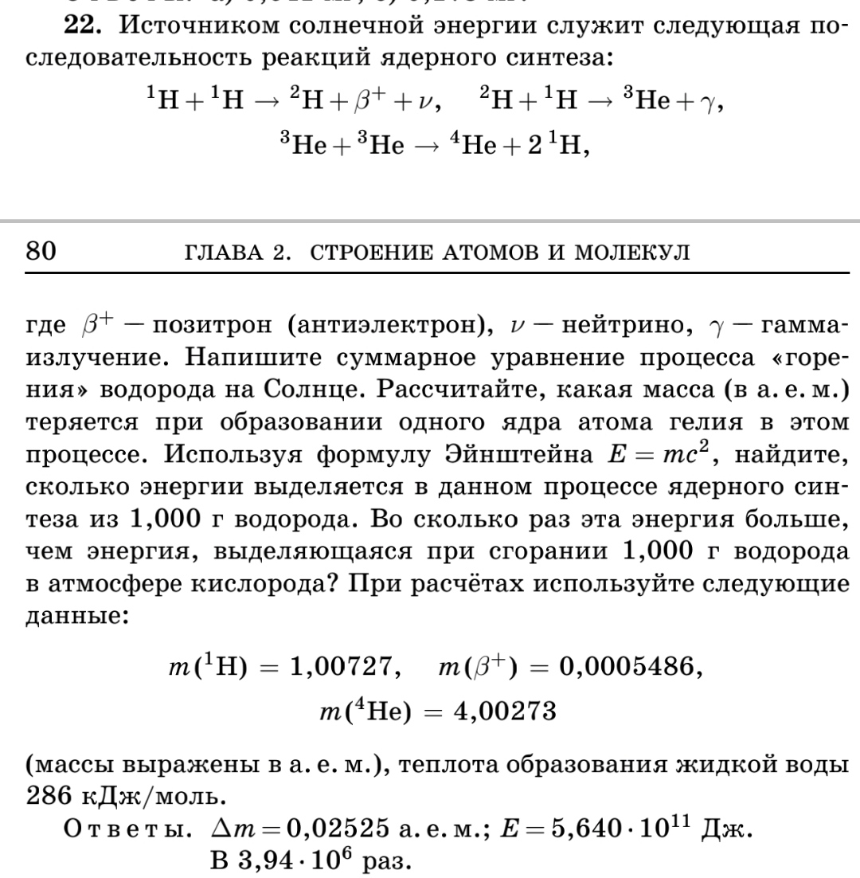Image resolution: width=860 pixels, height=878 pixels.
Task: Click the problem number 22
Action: click(x=81, y=25)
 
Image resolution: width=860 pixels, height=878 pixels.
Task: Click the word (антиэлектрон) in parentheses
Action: click(x=388, y=327)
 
